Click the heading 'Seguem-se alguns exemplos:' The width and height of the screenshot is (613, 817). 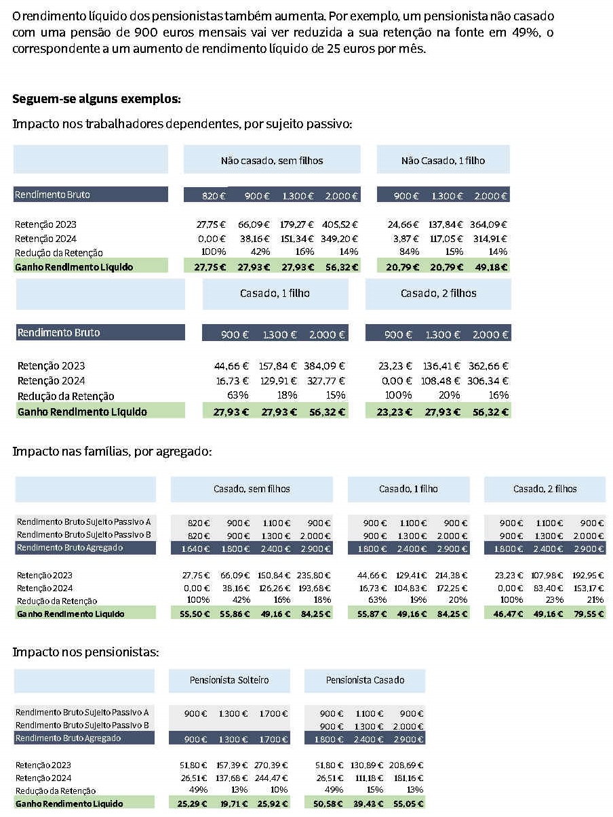[96, 99]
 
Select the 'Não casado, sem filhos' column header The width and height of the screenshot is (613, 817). [272, 161]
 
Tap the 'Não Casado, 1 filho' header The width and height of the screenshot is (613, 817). [443, 161]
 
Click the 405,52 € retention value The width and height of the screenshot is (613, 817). [340, 224]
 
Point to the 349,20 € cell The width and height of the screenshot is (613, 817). [339, 239]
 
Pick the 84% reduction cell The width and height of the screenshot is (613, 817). [409, 252]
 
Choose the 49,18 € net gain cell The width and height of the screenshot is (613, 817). [491, 267]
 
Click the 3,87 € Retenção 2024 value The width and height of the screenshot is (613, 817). [406, 239]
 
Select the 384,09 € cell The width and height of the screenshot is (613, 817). [324, 366]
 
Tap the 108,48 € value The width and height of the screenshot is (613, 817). [440, 381]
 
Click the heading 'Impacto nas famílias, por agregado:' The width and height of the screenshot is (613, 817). [112, 452]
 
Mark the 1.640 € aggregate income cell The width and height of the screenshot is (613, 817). [195, 549]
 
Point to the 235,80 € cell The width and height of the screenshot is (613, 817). [313, 575]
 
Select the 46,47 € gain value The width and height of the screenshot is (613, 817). [508, 614]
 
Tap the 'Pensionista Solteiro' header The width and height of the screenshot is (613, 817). [229, 680]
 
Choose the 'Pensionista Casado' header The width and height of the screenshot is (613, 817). [365, 680]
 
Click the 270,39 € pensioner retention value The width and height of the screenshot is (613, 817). [271, 765]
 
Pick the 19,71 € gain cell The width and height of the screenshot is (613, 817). [234, 803]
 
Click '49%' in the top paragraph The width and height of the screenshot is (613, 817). [526, 33]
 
